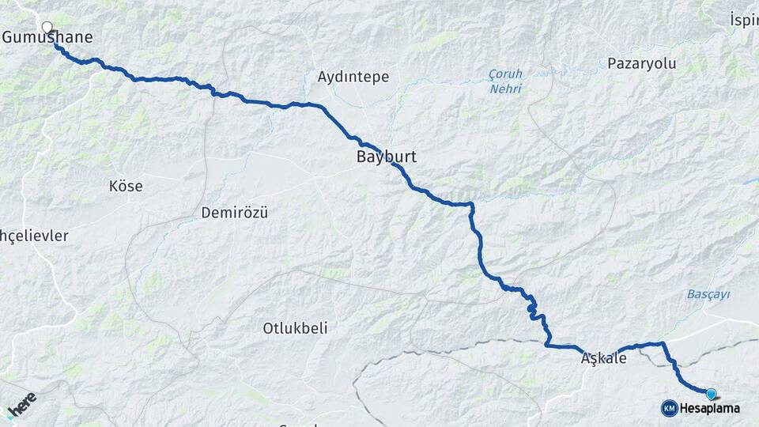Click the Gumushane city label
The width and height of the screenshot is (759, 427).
(48, 37)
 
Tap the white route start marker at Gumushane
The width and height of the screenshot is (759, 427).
(47, 27)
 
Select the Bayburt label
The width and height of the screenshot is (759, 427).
(386, 157)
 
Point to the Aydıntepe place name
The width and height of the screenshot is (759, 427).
(353, 77)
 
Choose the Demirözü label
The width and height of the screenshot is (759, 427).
(235, 213)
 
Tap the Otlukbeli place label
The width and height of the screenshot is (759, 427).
(295, 328)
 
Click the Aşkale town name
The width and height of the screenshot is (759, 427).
(603, 358)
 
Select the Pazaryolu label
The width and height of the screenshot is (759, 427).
(642, 64)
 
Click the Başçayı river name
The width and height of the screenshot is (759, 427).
(708, 294)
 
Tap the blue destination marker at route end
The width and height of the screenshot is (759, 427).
(711, 393)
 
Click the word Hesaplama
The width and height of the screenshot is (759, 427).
(710, 408)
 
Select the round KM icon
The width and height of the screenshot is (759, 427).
(669, 408)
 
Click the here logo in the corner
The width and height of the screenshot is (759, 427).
(21, 404)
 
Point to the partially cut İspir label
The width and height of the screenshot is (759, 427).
(744, 17)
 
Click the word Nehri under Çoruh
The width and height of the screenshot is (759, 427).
(505, 89)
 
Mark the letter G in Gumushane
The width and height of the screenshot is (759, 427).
(9, 37)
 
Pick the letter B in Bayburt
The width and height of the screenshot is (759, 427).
(361, 157)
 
